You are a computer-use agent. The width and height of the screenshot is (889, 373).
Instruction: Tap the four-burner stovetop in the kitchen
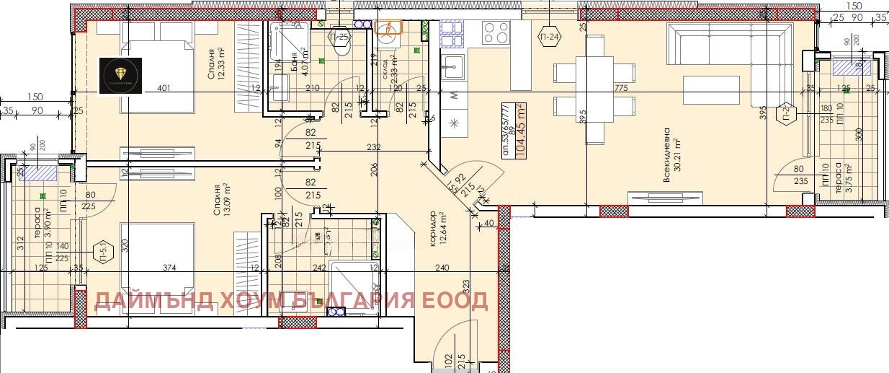click(x=496, y=32)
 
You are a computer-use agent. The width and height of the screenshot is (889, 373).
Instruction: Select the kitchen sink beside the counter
click(x=454, y=67)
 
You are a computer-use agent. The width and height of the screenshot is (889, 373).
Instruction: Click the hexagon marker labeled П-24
click(x=549, y=36)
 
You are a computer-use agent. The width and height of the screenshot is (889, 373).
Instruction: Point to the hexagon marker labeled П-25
click(x=339, y=36)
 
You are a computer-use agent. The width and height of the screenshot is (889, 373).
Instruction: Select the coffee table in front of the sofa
click(x=710, y=90)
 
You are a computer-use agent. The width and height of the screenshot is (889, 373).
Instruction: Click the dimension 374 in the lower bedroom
click(x=169, y=268)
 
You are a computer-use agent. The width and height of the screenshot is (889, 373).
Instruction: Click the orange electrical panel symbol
click(x=388, y=27)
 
